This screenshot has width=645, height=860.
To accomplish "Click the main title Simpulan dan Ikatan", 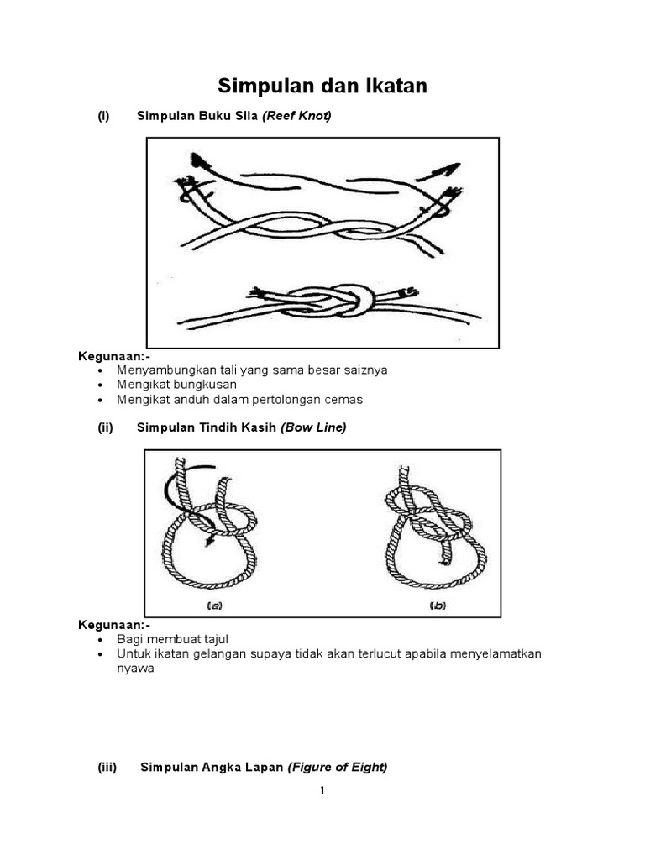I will [x=322, y=86].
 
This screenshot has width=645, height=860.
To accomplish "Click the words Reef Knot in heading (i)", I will [x=296, y=116].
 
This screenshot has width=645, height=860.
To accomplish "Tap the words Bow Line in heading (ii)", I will [x=313, y=427].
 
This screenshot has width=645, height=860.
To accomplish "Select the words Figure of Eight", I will [x=337, y=767].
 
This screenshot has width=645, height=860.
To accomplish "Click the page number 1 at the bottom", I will [x=322, y=791].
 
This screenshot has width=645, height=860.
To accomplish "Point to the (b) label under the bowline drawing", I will [x=437, y=605].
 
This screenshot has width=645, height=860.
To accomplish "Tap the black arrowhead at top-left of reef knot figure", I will [x=199, y=160].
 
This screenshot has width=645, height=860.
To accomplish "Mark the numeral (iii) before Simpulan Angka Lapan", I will [x=107, y=767].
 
